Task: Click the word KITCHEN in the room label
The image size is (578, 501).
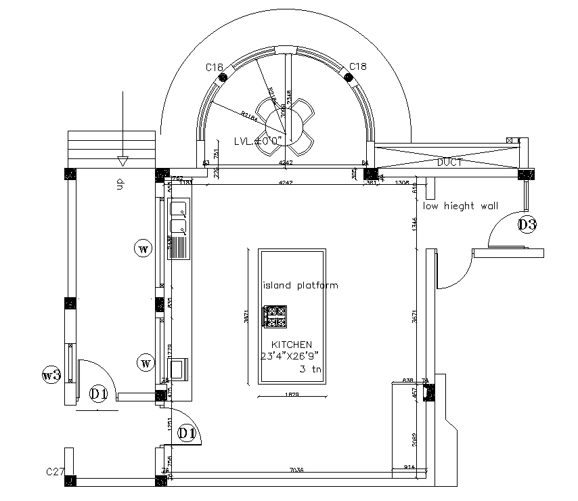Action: [291, 344]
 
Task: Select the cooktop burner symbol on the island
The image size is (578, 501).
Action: [275, 315]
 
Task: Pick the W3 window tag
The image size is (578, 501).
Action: [52, 374]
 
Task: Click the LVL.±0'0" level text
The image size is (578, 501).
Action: [257, 141]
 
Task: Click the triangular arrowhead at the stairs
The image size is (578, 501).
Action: [122, 161]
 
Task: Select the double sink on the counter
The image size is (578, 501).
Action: [179, 217]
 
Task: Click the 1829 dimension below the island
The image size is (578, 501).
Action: [292, 395]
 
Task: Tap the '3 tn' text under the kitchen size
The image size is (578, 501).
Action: [311, 369]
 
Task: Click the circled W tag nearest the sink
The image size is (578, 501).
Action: [143, 249]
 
